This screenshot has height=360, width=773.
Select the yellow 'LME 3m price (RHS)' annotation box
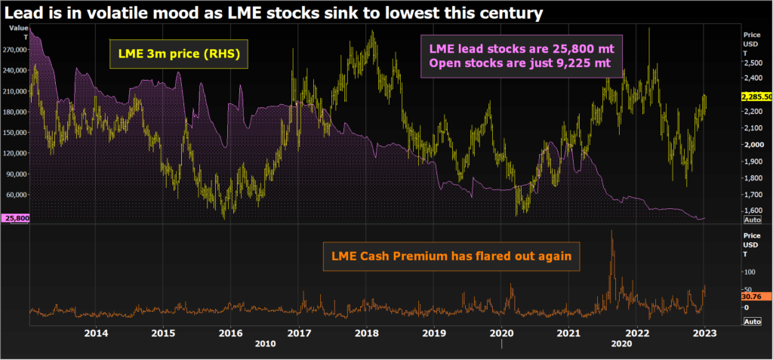coord(179,54)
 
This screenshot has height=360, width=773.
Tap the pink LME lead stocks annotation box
coord(520,55)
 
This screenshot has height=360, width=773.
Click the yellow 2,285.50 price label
coord(756,97)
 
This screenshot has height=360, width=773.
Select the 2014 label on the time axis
coord(96,333)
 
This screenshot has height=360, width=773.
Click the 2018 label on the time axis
coord(366,333)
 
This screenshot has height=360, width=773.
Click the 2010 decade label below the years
coord(265,343)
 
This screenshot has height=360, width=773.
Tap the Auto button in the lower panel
coord(752,322)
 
